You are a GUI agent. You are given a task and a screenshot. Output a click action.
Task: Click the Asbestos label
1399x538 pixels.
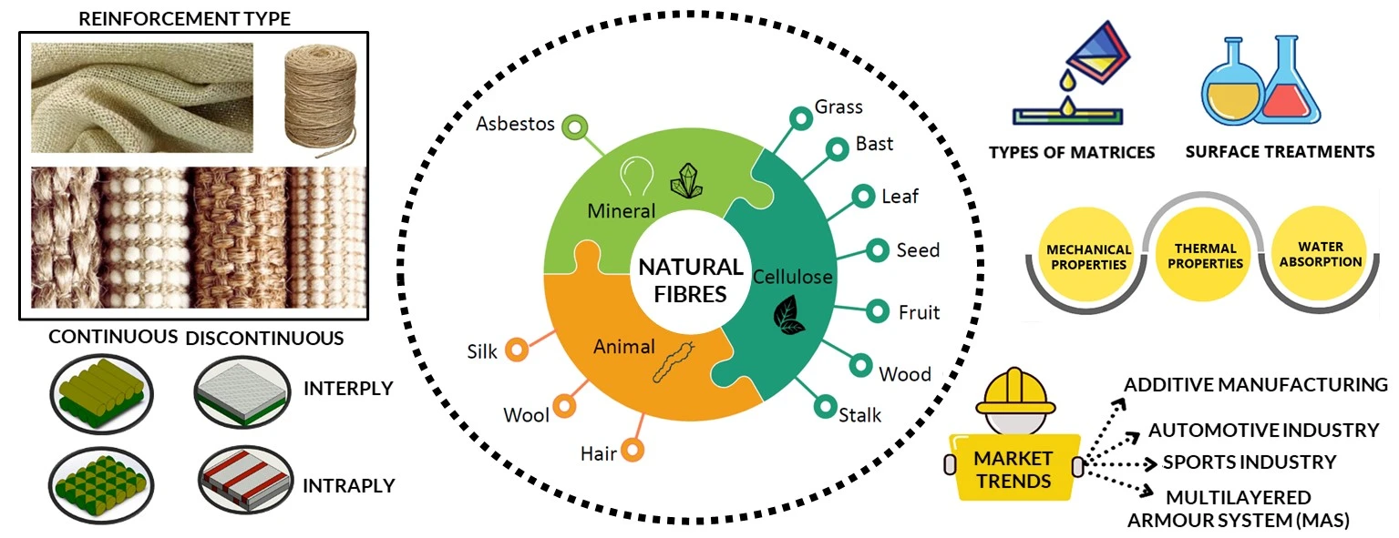tap(515, 124)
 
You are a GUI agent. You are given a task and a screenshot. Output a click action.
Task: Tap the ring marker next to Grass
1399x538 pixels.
tap(800, 117)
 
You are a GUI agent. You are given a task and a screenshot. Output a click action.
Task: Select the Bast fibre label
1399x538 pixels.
tap(874, 144)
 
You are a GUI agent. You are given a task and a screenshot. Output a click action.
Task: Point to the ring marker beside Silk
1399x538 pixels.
tap(517, 350)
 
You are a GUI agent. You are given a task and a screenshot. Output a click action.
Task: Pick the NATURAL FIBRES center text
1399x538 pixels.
tap(690, 280)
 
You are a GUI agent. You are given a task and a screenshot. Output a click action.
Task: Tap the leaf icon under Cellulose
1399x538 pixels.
tap(788, 315)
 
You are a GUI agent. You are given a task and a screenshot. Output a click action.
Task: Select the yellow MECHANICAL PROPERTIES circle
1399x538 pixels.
tap(1088, 258)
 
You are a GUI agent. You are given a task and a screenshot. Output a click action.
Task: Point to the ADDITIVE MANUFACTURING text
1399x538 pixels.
tap(1255, 384)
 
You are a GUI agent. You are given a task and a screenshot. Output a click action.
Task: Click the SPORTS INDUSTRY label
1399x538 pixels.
tap(1249, 462)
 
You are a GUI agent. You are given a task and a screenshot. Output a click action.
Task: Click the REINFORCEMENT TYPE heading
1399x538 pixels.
tap(185, 17)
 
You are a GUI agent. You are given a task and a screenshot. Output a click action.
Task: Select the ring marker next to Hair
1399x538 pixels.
tap(634, 449)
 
